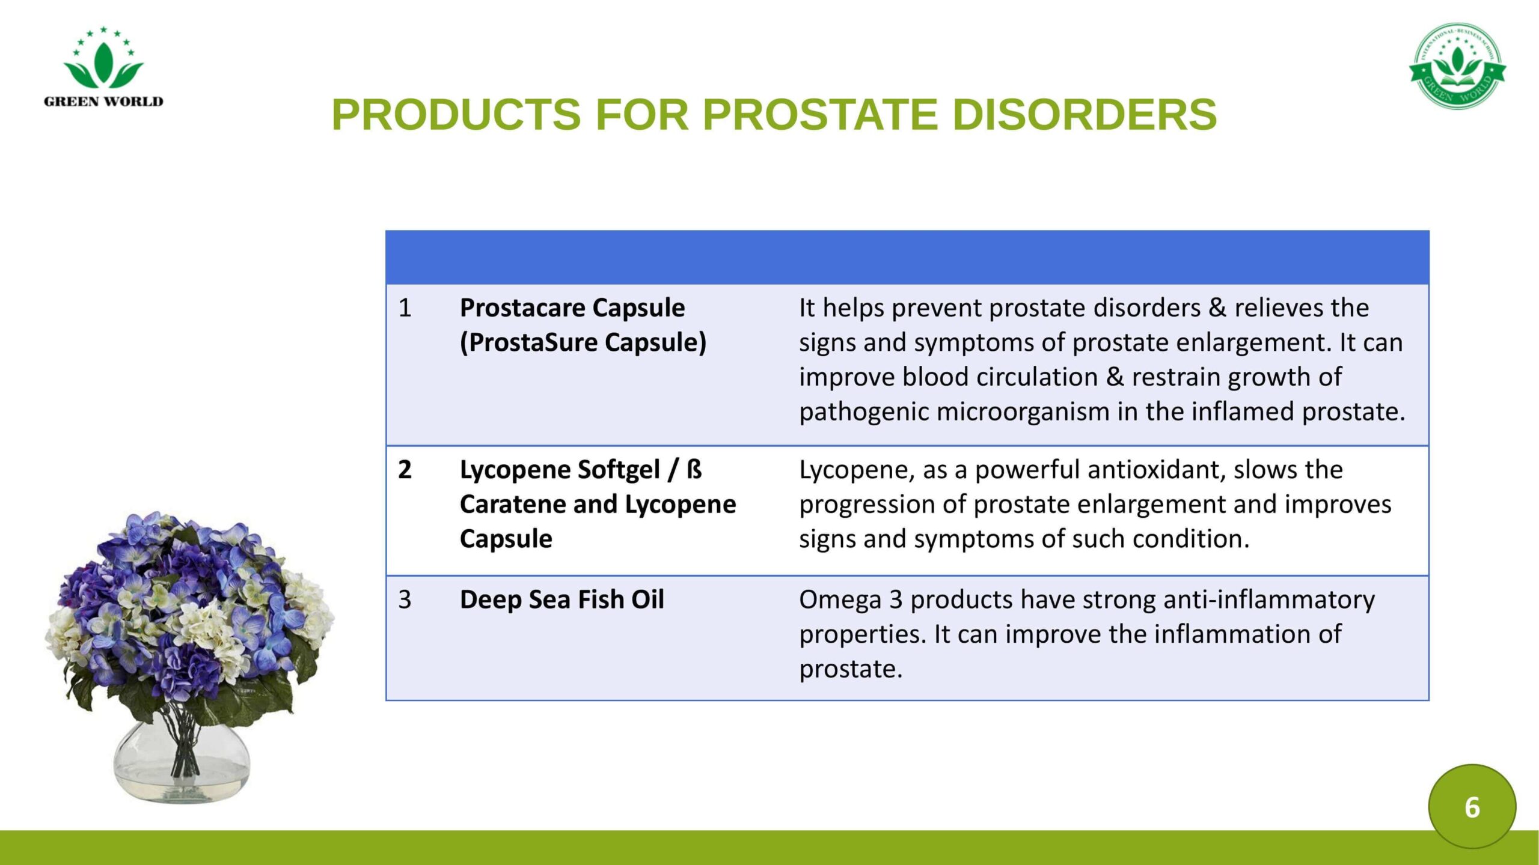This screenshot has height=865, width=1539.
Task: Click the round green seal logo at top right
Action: [x=1457, y=66]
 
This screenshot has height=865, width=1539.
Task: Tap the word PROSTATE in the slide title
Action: [x=821, y=114]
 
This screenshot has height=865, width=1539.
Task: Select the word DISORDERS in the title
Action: [x=1085, y=114]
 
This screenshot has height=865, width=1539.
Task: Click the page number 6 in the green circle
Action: [x=1472, y=807]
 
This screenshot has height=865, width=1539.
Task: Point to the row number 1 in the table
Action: [x=405, y=308]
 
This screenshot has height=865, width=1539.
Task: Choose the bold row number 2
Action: [x=405, y=470]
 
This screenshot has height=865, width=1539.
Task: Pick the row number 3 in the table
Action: [x=405, y=599]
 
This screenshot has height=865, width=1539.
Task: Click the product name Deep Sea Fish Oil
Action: [x=562, y=599]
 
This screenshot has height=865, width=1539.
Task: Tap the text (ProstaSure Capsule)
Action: [x=583, y=342]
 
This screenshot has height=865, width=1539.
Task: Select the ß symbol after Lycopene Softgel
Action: [x=694, y=469]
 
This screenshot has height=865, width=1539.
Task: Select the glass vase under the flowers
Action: [x=181, y=760]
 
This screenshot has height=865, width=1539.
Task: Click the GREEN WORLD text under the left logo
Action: [x=103, y=102]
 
